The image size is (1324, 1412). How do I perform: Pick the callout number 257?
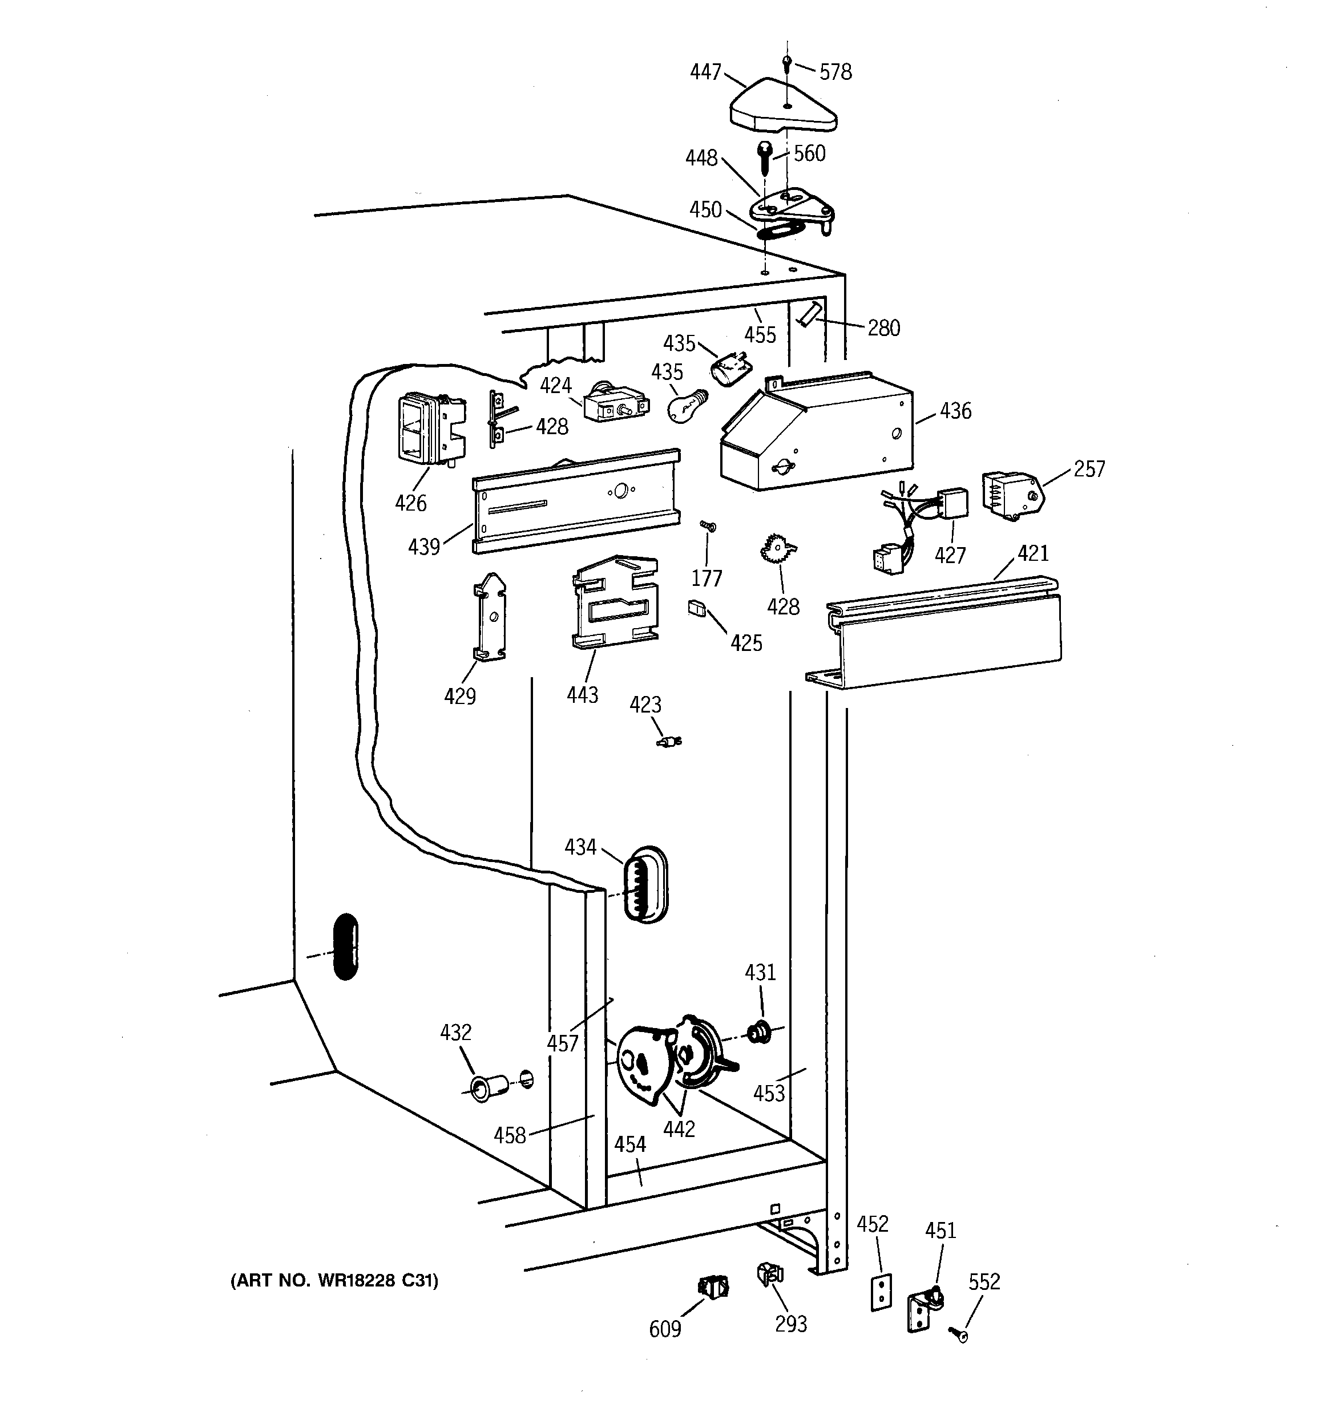pyautogui.click(x=1089, y=469)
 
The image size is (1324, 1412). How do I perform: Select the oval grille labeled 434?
pyautogui.click(x=645, y=884)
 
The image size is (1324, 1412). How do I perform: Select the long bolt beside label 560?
pyautogui.click(x=765, y=159)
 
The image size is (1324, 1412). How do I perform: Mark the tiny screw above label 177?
pyautogui.click(x=707, y=527)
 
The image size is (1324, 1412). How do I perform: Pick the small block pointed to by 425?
pyautogui.click(x=696, y=608)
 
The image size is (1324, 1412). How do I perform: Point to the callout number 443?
pyautogui.click(x=582, y=695)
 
